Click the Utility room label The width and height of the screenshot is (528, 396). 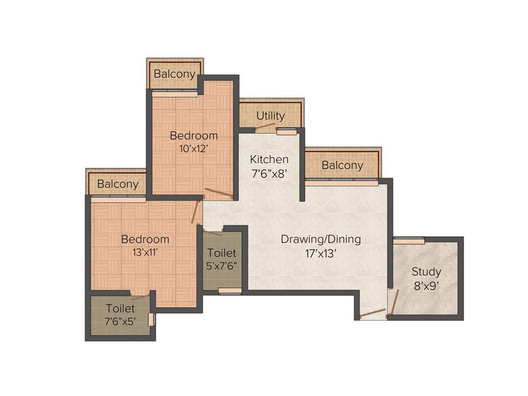271,115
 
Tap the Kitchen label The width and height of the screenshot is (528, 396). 269,159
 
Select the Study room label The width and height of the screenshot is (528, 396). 426,272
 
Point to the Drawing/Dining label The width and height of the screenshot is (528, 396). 321,239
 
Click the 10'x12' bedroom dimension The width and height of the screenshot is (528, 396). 193,149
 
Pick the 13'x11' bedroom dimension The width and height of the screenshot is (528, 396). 145,253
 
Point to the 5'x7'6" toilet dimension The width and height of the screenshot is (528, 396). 222,267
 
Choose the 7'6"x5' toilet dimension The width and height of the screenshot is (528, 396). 121,322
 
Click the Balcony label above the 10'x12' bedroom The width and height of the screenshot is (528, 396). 175,74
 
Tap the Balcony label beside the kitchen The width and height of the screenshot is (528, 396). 342,166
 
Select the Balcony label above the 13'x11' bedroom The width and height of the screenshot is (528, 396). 118,184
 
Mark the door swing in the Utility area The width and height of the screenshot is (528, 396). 266,125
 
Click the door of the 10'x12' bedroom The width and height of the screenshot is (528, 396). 218,193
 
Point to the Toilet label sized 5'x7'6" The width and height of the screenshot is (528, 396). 222,253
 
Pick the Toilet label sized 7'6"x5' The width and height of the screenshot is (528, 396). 121,309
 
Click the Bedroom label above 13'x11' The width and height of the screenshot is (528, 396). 145,239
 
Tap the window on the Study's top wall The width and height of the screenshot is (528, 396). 409,240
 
